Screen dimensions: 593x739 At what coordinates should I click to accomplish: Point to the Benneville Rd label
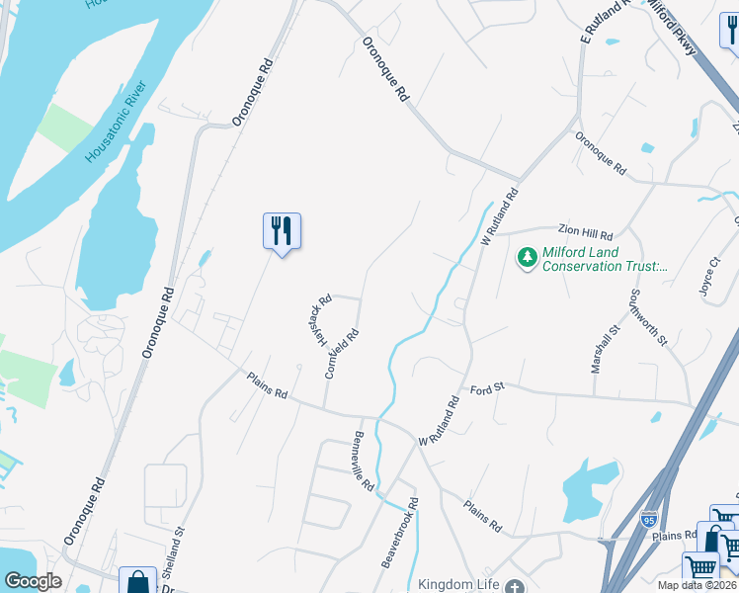[364, 462]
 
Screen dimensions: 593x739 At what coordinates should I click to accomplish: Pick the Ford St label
[487, 388]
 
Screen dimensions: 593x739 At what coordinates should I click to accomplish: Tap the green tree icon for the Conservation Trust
[527, 258]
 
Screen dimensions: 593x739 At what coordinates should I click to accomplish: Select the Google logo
[34, 581]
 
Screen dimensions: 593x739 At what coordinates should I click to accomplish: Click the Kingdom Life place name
[459, 584]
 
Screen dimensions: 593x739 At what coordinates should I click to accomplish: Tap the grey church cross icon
[513, 586]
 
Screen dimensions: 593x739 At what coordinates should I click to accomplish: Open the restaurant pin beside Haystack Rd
[282, 231]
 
